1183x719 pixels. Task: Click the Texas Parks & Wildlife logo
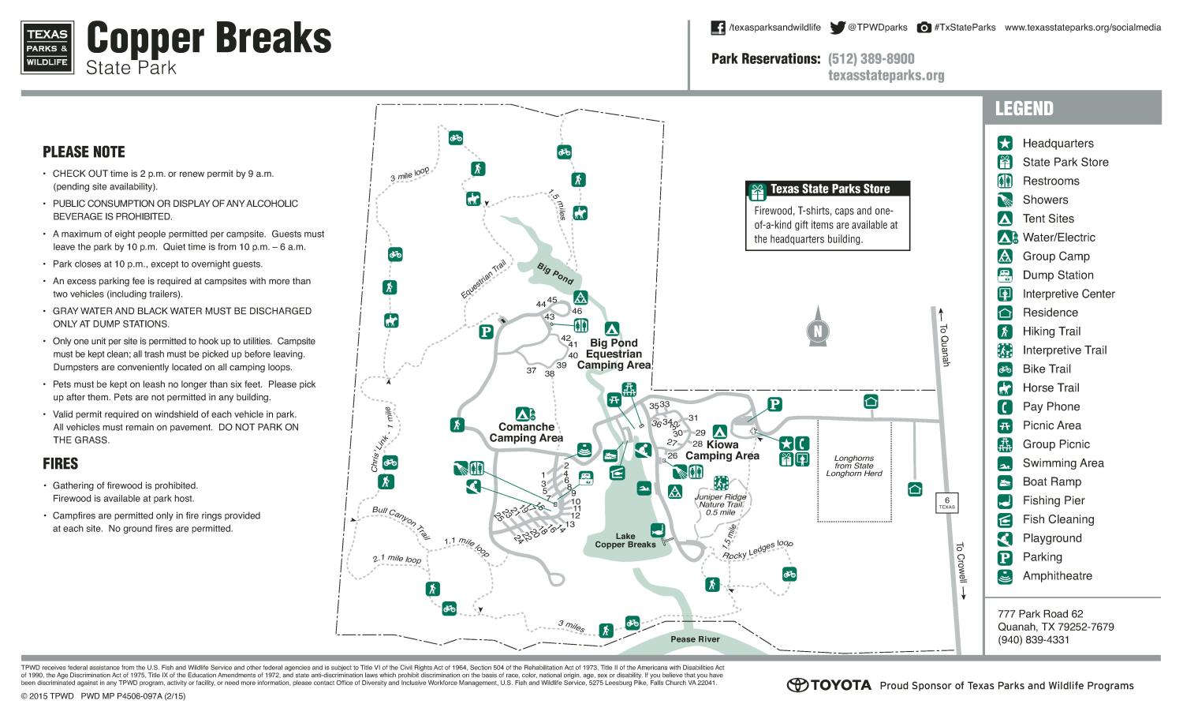48,47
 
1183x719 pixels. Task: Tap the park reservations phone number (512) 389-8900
871,59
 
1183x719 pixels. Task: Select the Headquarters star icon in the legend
1005,143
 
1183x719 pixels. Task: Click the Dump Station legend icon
1005,275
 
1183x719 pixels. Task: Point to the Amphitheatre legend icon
1005,576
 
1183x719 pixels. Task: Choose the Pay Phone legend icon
1005,406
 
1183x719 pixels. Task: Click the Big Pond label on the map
555,274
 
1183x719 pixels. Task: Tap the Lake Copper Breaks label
625,541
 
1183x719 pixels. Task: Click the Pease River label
695,639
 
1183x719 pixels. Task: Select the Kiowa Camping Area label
722,450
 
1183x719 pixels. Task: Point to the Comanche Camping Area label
526,433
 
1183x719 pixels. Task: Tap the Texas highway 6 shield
946,502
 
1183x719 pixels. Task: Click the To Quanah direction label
945,346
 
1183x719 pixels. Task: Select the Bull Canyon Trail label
401,522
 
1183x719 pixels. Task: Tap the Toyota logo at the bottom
829,685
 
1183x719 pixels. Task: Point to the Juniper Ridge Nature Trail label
720,504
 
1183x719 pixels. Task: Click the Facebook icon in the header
718,28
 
